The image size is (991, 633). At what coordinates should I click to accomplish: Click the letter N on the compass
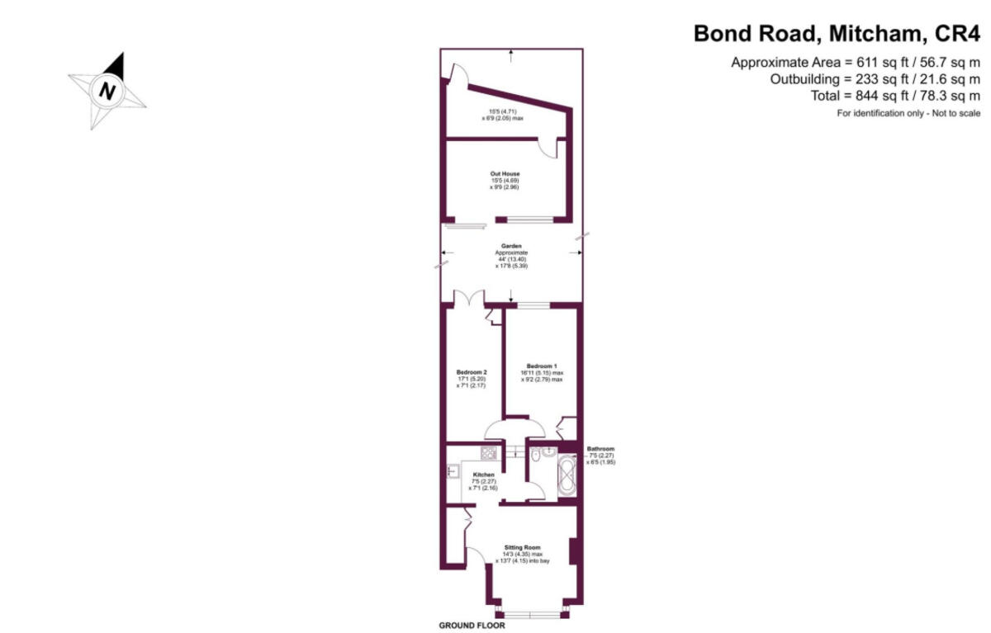coord(106,90)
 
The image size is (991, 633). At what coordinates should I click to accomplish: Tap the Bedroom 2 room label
coord(472,372)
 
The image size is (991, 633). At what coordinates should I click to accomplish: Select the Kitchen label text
coord(484,475)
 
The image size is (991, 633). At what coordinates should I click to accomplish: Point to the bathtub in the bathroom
coord(567,477)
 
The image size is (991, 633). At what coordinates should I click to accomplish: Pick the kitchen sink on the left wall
coord(453,471)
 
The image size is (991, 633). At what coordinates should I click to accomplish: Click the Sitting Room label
coord(524,547)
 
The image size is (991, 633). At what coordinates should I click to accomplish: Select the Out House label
coord(505,174)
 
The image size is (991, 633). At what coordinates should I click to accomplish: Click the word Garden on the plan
coord(510,245)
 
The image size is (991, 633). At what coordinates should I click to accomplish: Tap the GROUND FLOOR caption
coord(472,625)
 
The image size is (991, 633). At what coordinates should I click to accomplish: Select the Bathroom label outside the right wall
coord(600,449)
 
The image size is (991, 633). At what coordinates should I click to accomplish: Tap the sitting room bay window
coord(529,613)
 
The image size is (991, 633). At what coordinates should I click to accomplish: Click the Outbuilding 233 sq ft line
coord(875,79)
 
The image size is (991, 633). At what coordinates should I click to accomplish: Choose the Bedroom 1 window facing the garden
coord(534,305)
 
